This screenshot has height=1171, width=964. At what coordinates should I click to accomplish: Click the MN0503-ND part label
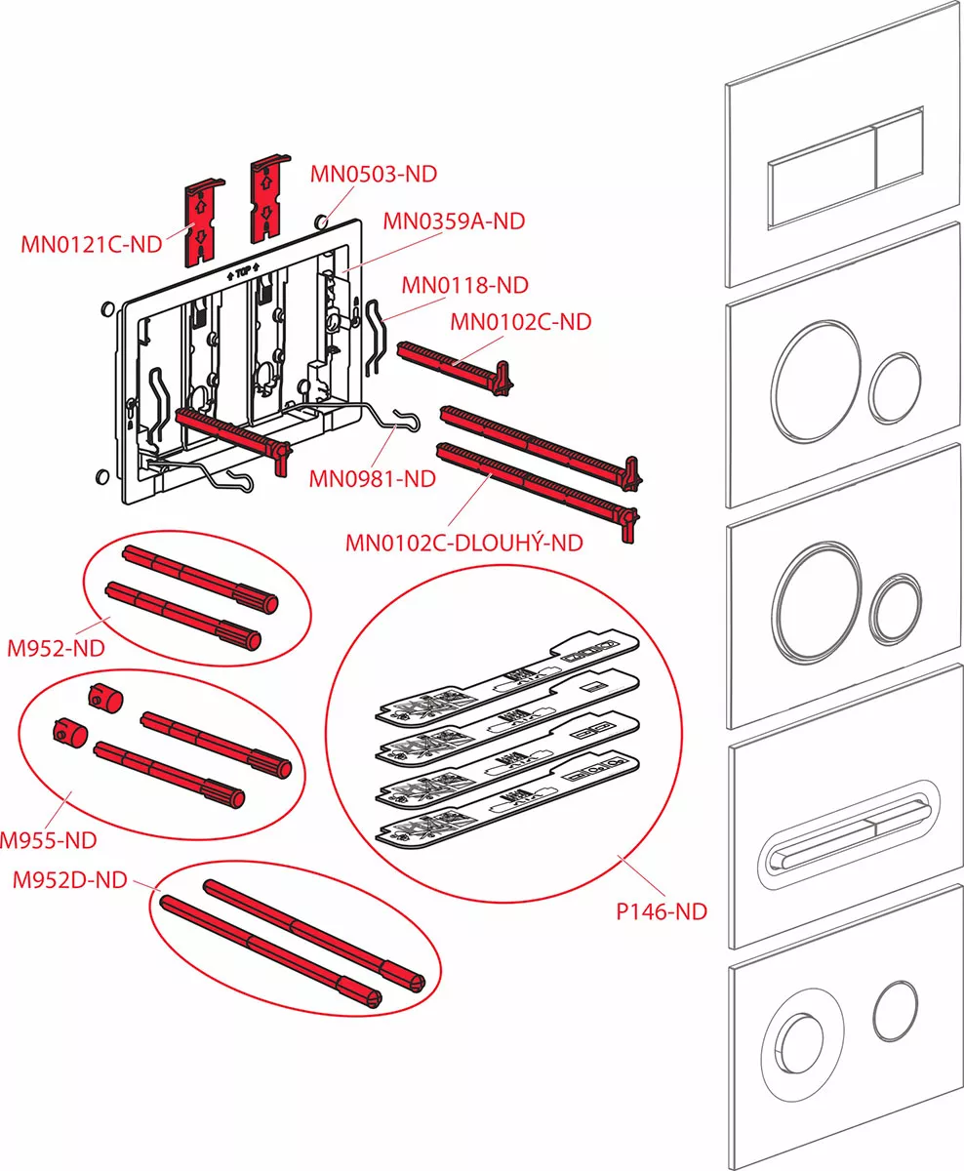pos(374,175)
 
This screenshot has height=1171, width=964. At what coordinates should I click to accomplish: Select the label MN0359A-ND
pos(453,222)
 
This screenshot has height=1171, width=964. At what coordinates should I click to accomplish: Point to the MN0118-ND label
pos(464,285)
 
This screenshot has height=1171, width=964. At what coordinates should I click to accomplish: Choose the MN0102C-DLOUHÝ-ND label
pos(463,543)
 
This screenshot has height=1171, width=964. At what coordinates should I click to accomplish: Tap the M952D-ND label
pos(69,880)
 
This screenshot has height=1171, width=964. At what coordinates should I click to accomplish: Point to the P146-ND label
pos(661,912)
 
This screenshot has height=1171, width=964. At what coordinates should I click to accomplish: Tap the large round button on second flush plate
pos(813,374)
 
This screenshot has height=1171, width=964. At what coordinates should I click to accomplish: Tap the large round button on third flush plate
pos(814,595)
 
